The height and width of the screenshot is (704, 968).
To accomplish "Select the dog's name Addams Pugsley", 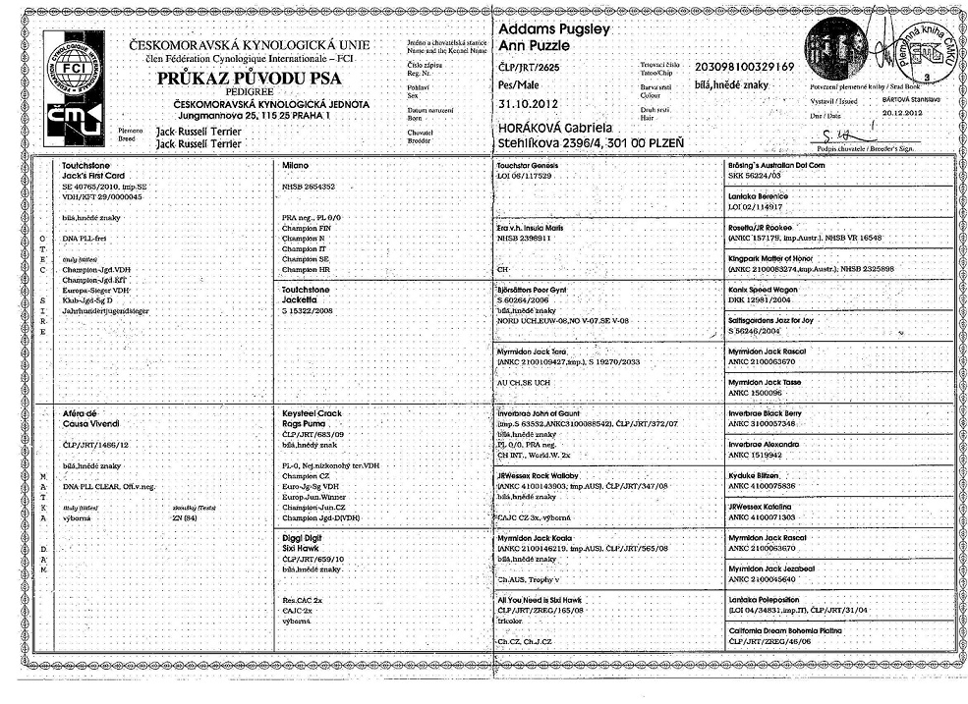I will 554,29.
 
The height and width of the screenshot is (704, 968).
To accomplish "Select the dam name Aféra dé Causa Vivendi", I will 92,421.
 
